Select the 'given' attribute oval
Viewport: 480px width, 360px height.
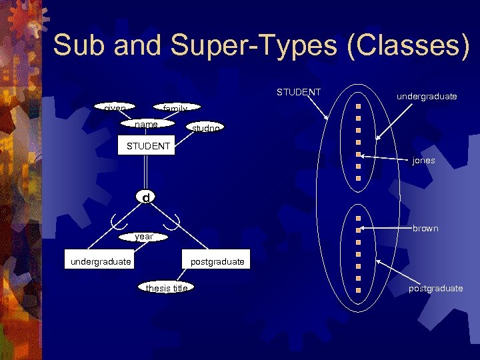coord(115,107)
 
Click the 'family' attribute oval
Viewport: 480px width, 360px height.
coord(175,108)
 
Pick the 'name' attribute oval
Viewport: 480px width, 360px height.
coord(146,125)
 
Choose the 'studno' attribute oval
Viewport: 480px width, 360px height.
coord(203,127)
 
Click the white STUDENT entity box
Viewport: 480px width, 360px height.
coord(144,146)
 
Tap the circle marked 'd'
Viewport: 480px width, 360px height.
coord(145,197)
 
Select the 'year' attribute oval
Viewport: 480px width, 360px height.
coord(144,236)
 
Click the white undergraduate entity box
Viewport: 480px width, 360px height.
coord(101,261)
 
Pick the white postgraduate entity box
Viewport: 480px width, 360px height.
coord(217,261)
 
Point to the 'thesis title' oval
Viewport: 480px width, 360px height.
coord(167,288)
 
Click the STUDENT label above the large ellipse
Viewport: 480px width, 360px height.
coord(299,92)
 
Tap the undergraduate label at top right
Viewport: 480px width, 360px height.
coord(427,97)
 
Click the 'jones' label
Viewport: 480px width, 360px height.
coord(423,161)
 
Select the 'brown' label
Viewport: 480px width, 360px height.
coord(425,229)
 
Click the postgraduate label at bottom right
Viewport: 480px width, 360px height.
coord(436,288)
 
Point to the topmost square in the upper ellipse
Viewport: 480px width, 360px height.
coord(358,106)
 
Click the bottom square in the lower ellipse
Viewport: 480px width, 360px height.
coord(358,290)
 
